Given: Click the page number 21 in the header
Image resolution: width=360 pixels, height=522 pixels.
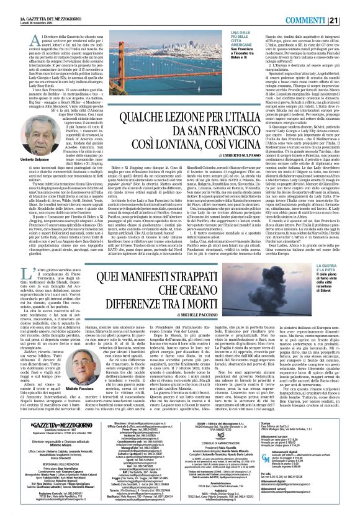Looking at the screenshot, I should pyautogui.click(x=350, y=6).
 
